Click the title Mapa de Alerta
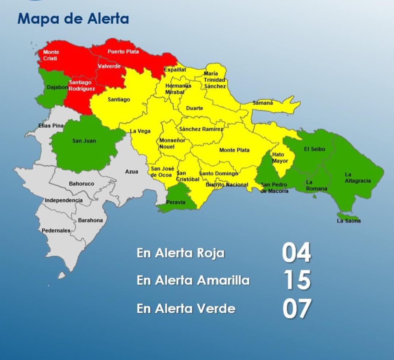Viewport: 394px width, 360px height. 73,19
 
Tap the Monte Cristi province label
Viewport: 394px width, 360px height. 51,55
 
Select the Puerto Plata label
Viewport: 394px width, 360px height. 123,52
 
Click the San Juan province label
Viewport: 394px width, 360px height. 84,141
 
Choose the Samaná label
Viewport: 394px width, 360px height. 263,103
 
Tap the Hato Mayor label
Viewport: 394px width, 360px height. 280,158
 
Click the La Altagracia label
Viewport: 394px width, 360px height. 358,178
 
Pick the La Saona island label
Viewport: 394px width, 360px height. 349,221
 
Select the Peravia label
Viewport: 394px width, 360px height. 175,202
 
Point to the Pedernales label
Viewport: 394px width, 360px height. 56,231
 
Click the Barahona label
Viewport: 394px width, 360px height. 90,220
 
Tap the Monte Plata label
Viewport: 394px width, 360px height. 234,150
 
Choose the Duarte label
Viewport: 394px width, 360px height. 194,108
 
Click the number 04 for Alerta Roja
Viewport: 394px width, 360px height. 296,253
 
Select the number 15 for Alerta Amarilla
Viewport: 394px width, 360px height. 297,280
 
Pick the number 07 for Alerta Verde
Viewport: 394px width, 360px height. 297,308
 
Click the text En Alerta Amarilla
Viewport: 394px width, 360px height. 193,280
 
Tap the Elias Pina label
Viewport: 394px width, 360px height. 51,126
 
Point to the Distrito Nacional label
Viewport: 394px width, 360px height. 227,185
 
